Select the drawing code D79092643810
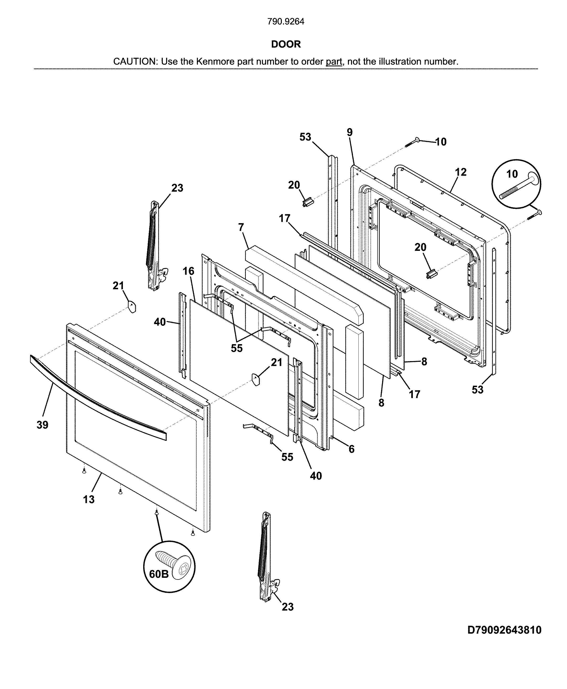tap(504, 630)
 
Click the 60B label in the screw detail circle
tap(159, 574)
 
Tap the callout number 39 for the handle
tap(42, 425)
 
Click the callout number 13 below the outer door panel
tap(89, 499)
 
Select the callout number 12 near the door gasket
tap(461, 172)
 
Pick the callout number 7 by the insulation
tap(241, 227)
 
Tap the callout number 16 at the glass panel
tap(189, 271)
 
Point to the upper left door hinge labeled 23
tap(154, 245)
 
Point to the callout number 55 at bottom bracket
tap(287, 457)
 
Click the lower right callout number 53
tap(477, 389)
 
